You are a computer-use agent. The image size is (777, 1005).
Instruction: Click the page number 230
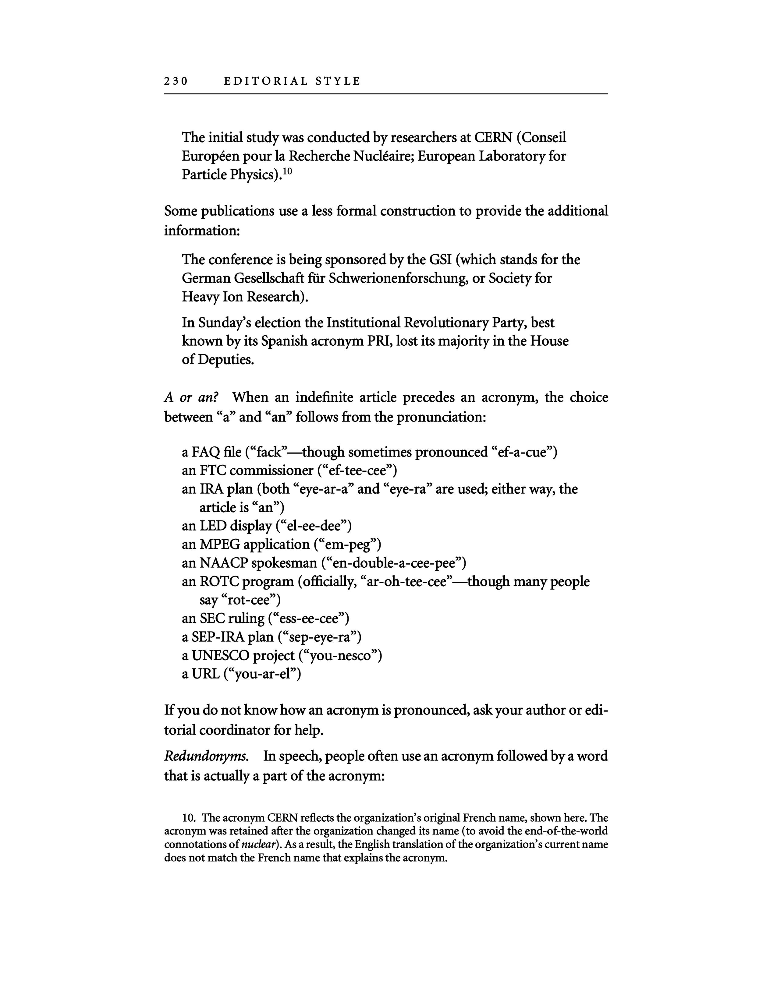[x=176, y=81]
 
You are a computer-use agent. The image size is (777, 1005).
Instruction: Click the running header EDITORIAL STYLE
[x=292, y=81]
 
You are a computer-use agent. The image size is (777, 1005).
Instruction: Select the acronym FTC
[x=213, y=471]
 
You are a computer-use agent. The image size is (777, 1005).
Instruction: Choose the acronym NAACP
[x=223, y=563]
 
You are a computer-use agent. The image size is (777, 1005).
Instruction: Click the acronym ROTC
[x=219, y=582]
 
